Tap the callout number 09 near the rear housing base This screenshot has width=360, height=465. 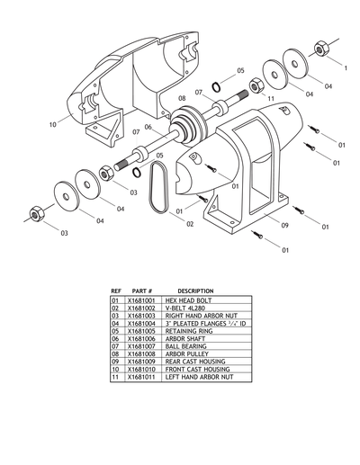click(284, 225)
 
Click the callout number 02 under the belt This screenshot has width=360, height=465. click(178, 222)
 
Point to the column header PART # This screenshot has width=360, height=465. click(143, 291)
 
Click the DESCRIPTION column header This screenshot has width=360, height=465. click(195, 291)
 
